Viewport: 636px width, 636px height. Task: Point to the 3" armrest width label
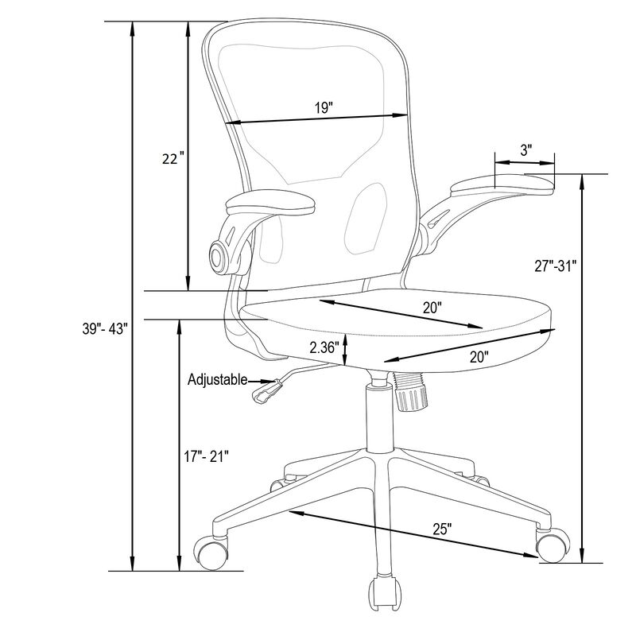tap(525, 149)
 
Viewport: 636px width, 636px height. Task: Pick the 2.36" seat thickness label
tap(324, 347)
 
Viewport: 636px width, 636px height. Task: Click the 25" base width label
tap(443, 528)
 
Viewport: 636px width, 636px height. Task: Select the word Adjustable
tap(217, 380)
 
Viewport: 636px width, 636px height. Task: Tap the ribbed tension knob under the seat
tap(411, 392)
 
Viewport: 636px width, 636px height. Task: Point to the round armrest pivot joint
tap(220, 255)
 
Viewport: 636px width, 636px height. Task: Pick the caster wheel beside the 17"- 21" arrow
tap(212, 552)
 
